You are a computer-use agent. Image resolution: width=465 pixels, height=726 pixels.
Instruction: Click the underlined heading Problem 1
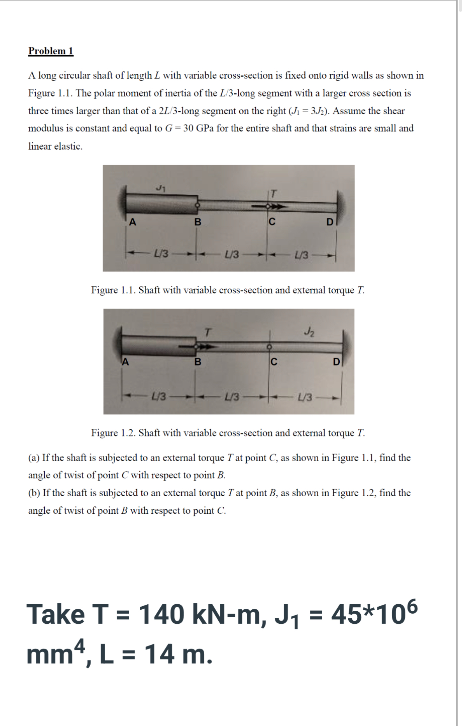(51, 51)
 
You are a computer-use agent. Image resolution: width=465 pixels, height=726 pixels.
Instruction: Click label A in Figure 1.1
(133, 222)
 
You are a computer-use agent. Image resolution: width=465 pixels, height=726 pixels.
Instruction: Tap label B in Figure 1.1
(198, 222)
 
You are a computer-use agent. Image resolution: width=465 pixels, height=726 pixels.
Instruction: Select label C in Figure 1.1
(272, 222)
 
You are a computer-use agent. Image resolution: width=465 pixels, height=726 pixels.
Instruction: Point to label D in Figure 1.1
(330, 222)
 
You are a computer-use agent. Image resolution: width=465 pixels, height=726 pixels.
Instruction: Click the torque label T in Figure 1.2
(209, 332)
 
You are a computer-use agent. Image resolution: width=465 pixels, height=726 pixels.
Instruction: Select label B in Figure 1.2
(198, 362)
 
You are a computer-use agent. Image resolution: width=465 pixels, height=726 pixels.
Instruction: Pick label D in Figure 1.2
(337, 362)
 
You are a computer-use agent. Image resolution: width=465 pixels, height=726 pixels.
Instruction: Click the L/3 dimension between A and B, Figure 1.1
(161, 254)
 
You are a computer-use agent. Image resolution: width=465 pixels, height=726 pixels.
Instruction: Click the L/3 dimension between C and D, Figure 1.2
(305, 397)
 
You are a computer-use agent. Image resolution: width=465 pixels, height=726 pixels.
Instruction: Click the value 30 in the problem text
(188, 128)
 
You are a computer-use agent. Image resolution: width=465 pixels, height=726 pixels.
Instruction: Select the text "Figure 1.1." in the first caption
(113, 290)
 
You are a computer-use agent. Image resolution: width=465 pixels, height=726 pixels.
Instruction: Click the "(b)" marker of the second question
(34, 493)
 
